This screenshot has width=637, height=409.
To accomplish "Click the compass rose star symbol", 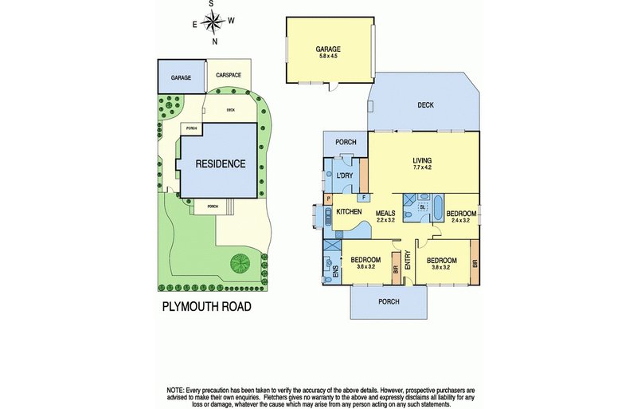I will (213, 22).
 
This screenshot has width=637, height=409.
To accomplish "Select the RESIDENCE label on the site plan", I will (221, 164).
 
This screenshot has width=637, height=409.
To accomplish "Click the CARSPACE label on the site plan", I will (229, 75).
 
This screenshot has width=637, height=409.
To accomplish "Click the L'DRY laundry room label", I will (344, 175).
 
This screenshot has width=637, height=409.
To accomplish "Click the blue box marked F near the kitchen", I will (363, 197).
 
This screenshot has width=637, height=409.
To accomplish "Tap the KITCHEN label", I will (349, 211).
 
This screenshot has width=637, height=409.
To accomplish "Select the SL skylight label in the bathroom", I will (423, 206).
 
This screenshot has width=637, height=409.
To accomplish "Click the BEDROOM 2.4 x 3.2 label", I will (460, 217).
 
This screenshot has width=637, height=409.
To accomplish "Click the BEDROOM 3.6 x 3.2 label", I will (366, 264).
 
